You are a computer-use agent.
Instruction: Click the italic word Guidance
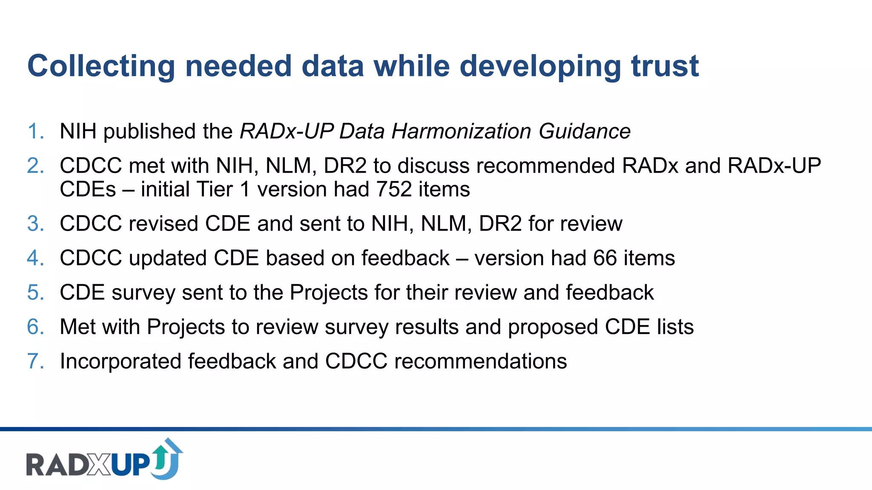(x=584, y=131)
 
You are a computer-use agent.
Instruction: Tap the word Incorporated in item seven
(x=120, y=362)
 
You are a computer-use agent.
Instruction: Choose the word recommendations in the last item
(x=480, y=361)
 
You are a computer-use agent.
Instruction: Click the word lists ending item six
(x=675, y=327)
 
